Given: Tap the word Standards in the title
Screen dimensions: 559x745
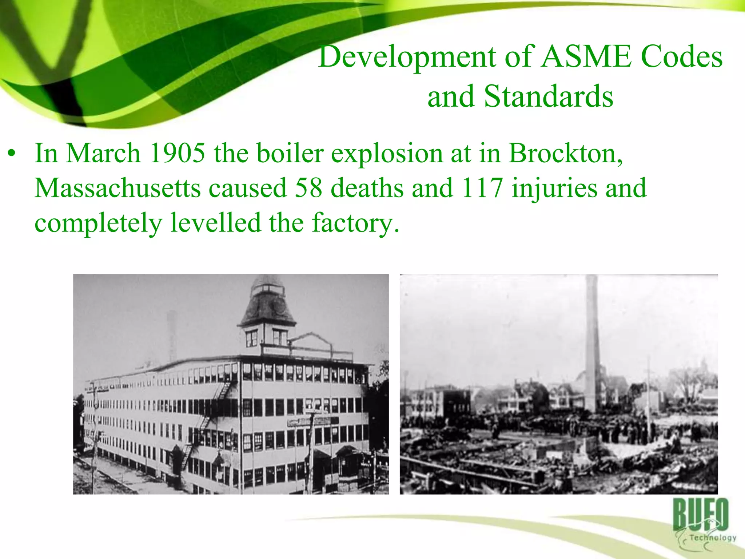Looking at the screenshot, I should click(549, 96).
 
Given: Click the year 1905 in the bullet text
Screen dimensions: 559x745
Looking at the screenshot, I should click(178, 153).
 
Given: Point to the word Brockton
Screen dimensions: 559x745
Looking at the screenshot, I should click(565, 153).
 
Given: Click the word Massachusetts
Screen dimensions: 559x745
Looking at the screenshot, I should click(117, 188).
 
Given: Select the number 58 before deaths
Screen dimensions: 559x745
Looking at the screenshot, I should click(308, 188).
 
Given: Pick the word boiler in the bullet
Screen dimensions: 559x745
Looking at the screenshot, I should click(290, 153).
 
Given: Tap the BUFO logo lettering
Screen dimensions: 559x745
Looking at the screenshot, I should click(700, 515).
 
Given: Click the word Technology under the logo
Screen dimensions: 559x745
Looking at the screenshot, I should click(712, 538).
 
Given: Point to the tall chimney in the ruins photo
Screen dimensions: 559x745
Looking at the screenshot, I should click(591, 346).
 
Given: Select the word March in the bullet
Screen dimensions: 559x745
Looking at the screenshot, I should click(103, 153).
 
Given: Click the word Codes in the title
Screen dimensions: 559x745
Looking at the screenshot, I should click(681, 57).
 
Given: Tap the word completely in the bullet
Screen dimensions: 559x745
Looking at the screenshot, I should click(98, 223).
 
